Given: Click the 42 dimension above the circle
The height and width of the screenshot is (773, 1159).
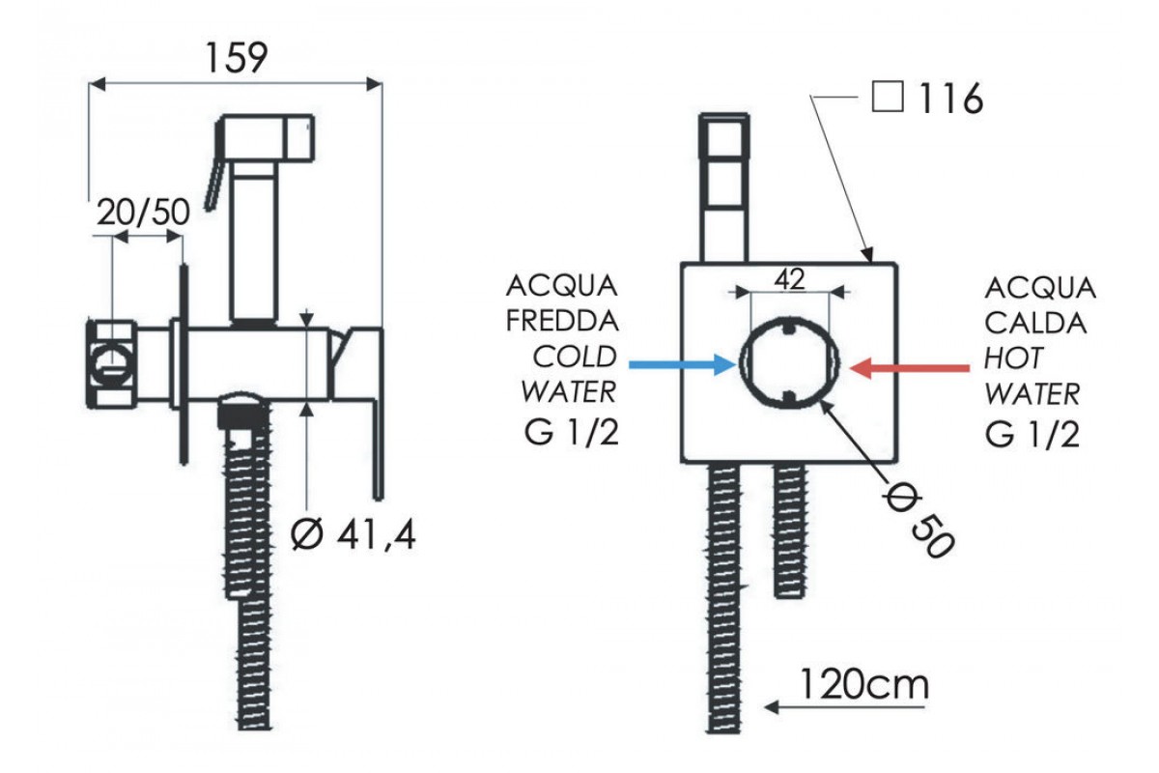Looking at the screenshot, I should click(790, 278).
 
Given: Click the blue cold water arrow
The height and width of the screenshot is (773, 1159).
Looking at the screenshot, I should click(682, 364).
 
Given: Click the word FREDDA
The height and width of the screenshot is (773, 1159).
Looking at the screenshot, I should click(562, 322).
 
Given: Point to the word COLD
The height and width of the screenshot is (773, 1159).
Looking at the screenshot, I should click(575, 358).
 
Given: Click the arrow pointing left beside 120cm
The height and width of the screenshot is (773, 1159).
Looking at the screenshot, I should click(782, 708).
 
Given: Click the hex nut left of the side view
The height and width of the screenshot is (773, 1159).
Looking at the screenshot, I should click(113, 358).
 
